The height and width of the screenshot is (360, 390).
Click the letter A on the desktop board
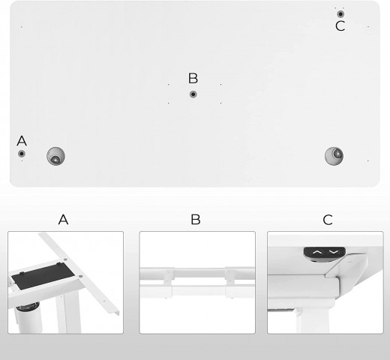(x=21, y=140)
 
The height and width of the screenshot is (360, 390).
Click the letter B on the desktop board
(x=193, y=78)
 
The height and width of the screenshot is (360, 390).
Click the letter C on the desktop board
(x=340, y=27)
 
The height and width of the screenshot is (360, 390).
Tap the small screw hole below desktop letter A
(x=22, y=154)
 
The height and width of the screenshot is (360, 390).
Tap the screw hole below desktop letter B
(x=193, y=94)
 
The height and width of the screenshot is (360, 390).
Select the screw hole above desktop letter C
(x=340, y=13)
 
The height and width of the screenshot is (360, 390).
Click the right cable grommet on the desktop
(x=334, y=156)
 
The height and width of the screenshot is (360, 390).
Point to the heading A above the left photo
(x=64, y=220)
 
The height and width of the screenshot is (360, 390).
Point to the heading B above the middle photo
(x=195, y=220)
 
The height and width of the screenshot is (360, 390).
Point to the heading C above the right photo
(x=327, y=220)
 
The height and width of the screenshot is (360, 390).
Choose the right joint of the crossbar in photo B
(x=229, y=276)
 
